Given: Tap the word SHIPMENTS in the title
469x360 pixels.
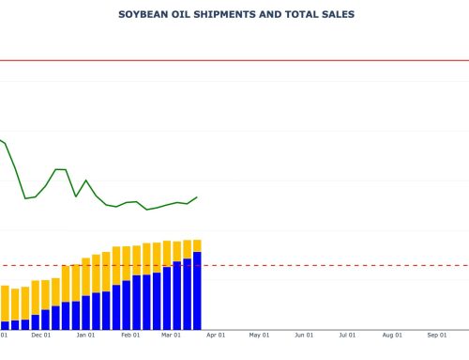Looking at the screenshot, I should point(212,15).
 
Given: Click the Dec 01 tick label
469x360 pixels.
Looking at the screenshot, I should point(41,334).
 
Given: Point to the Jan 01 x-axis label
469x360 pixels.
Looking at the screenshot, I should point(85,334).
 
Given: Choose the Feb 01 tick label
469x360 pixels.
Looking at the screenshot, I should point(129,334).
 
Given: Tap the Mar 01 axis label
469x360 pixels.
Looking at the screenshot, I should point(171,334).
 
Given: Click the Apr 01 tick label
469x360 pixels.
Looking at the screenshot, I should point(215,334).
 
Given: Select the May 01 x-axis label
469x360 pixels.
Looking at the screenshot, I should point(259,334).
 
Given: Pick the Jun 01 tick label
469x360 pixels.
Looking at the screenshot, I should point(303,334).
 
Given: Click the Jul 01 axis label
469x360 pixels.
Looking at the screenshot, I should point(346,334).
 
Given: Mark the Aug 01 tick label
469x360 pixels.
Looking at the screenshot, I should point(391,334).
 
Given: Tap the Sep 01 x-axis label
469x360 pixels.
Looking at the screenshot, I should point(436,334).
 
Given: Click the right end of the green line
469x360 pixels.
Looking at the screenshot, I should point(197,196).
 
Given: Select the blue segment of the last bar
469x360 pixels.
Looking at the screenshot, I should point(197,291).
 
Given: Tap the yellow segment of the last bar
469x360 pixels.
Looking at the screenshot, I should point(197,245).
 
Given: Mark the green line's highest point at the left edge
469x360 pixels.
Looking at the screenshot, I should point(1,140).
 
